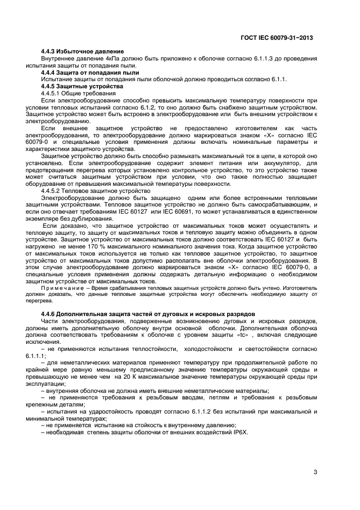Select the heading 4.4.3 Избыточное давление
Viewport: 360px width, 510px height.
(83, 51)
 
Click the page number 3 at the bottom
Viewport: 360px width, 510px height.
(315, 472)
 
